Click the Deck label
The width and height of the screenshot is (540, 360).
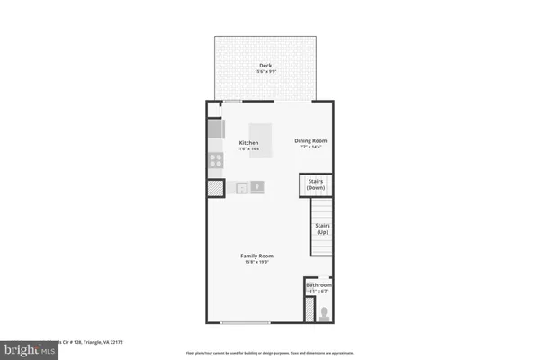pos(265,65)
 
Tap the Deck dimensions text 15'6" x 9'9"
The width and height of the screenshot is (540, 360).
pos(265,71)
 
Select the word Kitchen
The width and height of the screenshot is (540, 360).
pos(248,143)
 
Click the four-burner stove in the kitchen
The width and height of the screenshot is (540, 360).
pos(216,161)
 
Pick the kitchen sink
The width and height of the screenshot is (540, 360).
pos(256,187)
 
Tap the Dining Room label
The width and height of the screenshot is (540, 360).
pos(311,140)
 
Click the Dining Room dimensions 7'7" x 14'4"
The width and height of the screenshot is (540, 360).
pos(311,147)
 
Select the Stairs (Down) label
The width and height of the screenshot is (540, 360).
pos(316,185)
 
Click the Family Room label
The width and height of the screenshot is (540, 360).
pos(256,256)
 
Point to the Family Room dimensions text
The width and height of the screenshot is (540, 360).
pos(256,263)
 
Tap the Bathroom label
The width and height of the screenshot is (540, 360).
pos(319,285)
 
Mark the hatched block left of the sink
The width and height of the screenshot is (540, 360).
pos(216,189)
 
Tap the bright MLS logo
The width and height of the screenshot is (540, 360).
pos(27,346)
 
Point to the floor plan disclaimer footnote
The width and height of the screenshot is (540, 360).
pos(270,353)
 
